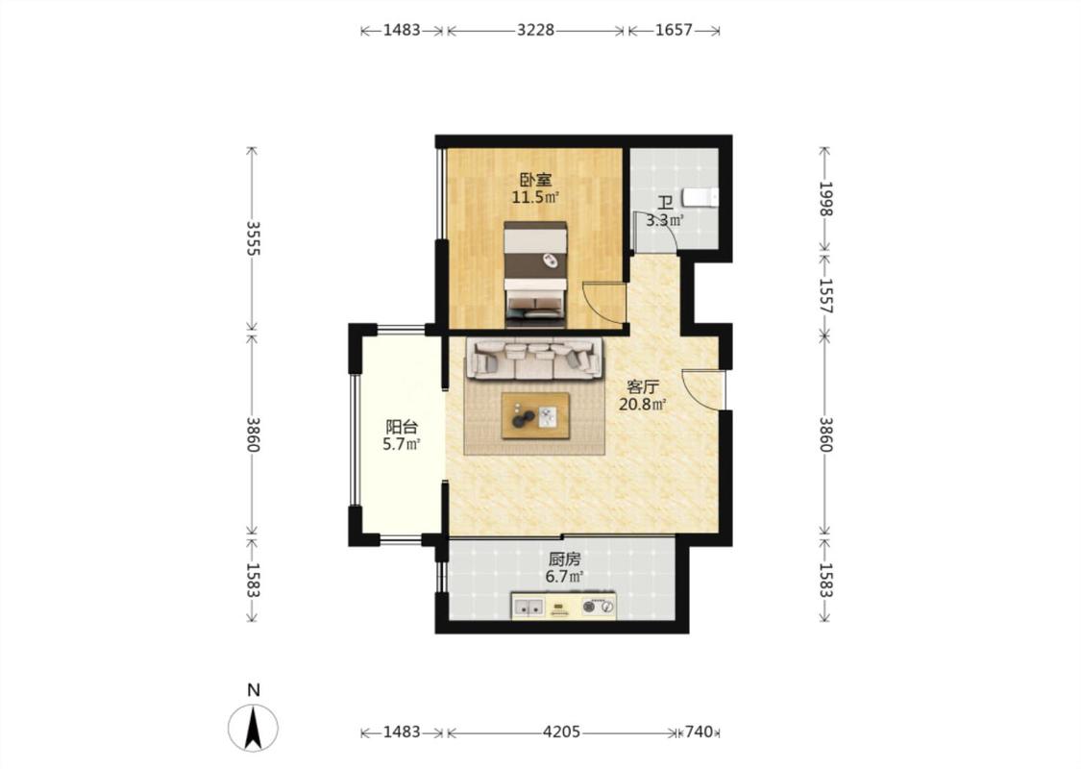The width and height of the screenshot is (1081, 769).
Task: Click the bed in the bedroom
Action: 535,274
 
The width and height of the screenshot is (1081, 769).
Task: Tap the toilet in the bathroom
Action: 700,197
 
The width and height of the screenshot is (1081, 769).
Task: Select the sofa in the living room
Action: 534,359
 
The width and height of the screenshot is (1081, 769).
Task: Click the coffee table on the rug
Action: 535,415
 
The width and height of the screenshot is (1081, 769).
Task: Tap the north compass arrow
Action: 253,728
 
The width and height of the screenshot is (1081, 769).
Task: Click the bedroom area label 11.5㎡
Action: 534,197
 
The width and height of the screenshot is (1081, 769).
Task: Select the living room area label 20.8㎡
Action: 642,404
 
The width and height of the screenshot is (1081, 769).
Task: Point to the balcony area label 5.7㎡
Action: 402,444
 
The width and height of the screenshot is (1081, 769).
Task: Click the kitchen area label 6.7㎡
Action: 564,576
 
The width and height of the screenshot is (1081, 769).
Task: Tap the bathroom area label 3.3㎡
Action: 665,221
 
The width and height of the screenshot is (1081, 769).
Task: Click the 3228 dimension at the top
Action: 535,31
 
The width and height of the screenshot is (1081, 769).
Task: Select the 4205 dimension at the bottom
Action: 561,732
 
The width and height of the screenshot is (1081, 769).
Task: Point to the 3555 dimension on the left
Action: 253,238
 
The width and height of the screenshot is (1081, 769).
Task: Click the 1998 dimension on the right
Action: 825,199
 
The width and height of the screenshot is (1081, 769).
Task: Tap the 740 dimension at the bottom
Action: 700,732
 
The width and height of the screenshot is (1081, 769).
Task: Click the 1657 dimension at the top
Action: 674,31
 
